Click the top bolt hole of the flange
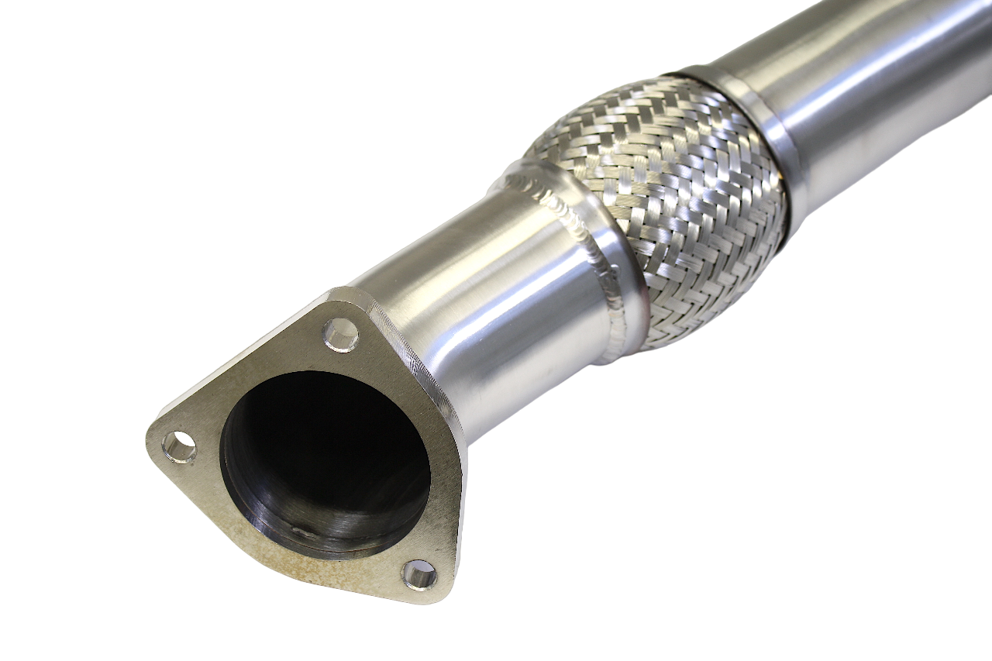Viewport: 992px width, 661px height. [341, 335]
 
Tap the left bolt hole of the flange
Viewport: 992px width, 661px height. [179, 447]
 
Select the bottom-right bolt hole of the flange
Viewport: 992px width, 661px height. [419, 574]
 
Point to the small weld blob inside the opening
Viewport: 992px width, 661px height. [304, 532]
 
